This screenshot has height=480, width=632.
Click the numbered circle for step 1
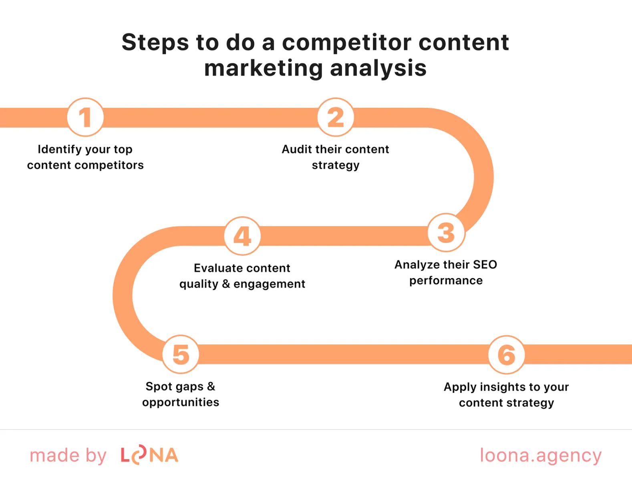(x=85, y=117)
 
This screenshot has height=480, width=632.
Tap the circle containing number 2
(x=336, y=117)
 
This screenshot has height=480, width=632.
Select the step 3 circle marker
(x=446, y=232)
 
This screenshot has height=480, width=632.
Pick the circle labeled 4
(x=242, y=236)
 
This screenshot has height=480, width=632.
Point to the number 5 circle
(x=181, y=354)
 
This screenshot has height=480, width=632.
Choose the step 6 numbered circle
(x=507, y=355)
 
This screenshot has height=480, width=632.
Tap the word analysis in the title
(x=378, y=68)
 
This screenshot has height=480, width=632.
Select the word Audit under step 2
(x=296, y=149)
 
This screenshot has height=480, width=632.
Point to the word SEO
(x=485, y=264)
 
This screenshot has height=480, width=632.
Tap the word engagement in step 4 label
(x=269, y=284)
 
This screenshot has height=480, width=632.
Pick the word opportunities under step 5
(x=181, y=402)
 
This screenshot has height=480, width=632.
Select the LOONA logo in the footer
(x=149, y=455)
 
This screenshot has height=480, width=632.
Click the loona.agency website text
(x=541, y=455)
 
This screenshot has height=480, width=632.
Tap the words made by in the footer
(x=68, y=456)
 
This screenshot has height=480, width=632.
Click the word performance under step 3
(x=446, y=281)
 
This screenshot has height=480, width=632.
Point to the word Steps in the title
(x=155, y=42)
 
